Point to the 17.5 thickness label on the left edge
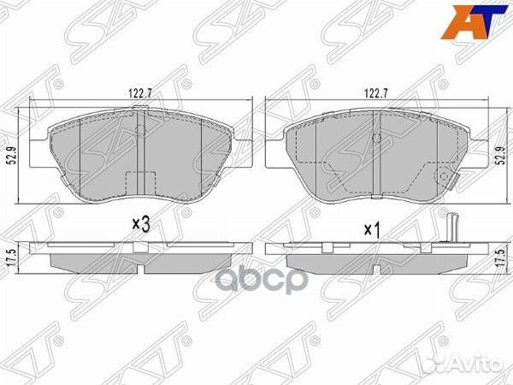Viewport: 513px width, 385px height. pos(10,258)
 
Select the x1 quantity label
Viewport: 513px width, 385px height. pos(371,229)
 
